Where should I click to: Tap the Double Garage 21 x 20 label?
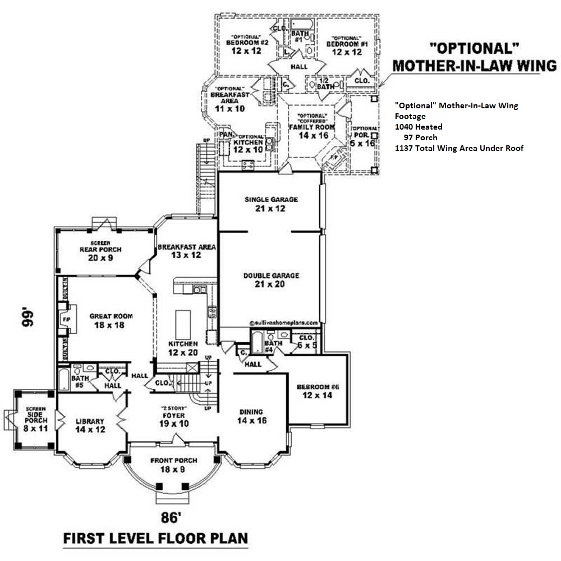point(271,280)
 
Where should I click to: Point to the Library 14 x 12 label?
point(90,426)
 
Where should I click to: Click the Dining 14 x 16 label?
point(251,416)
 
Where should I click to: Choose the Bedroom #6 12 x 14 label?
point(318,391)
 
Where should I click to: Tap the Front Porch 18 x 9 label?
point(173,465)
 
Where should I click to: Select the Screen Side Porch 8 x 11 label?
point(35,418)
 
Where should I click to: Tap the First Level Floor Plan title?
point(155,539)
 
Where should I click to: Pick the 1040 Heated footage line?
point(419,127)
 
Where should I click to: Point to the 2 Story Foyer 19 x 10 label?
point(173,416)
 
